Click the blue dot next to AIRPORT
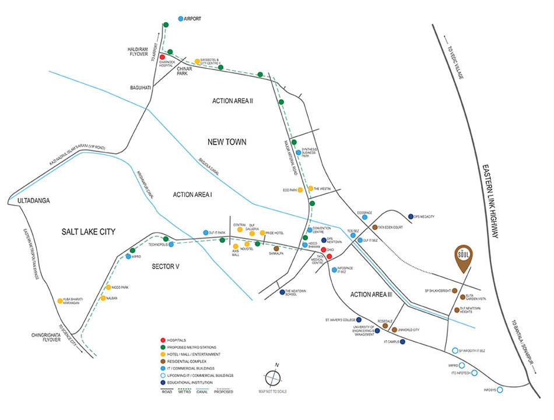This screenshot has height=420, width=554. tap(180, 19)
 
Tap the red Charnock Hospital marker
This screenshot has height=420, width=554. tap(162, 57)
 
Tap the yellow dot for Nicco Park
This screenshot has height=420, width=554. tap(108, 287)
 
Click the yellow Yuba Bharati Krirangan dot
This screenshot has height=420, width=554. tap(59, 301)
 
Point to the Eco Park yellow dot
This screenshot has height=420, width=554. tap(300, 190)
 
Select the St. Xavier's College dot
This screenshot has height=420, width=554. tap(359, 320)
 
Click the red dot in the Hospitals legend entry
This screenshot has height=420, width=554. tap(163, 340)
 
